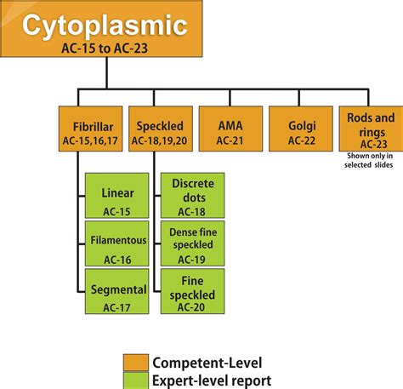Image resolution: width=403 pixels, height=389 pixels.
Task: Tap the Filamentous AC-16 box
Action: [x=118, y=243]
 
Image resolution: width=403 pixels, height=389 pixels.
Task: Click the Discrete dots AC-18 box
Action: [x=193, y=197]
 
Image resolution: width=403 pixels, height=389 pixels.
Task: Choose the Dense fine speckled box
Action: [x=193, y=243]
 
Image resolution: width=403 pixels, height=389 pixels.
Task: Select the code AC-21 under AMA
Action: [x=229, y=140]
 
